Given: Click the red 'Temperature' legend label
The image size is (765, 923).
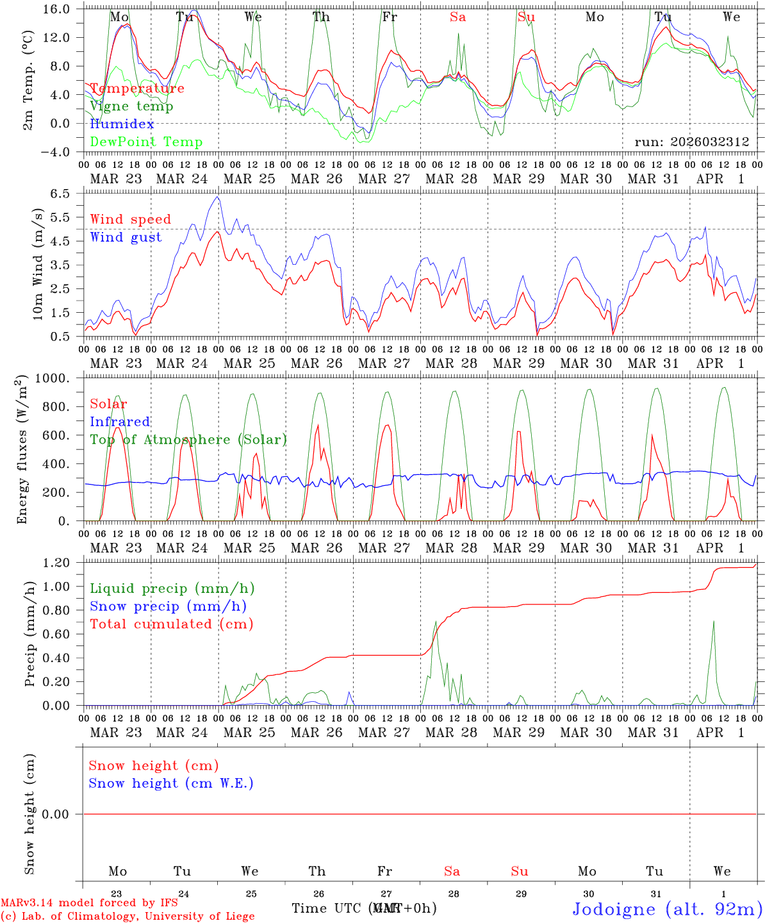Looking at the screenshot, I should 137,88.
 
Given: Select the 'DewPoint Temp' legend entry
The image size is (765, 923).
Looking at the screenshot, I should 146,142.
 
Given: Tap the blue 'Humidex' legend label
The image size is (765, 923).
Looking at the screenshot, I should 122,124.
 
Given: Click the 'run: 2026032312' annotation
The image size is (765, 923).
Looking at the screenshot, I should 692,142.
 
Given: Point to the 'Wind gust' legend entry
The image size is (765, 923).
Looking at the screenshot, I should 126,237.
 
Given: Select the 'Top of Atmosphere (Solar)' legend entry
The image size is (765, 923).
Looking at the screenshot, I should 188,440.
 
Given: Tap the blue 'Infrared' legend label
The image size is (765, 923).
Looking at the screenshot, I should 120,422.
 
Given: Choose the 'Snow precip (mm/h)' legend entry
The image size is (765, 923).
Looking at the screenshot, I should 168,606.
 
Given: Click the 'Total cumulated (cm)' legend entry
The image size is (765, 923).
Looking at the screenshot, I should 171,624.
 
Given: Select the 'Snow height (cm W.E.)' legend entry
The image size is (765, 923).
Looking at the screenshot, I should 171,783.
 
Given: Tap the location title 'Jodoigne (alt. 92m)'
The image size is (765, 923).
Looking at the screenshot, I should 667,909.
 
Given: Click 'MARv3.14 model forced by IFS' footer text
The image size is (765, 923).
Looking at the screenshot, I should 89,903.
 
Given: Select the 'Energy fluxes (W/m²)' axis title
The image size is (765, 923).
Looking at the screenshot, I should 23,449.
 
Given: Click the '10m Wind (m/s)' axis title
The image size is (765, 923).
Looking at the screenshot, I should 38,264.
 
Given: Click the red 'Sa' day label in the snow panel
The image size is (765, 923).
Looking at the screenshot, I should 452,871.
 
